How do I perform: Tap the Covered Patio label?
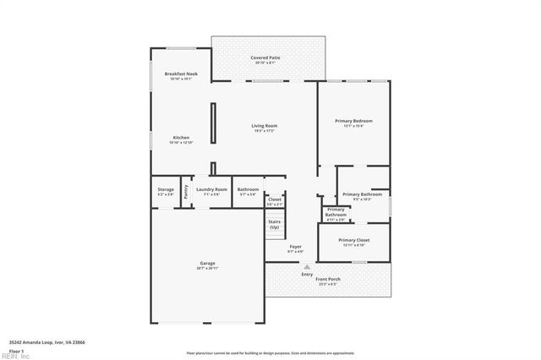click(x=265, y=57)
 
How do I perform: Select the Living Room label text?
click(x=265, y=126)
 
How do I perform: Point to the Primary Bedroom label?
click(x=353, y=121)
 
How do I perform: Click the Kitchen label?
click(x=181, y=138)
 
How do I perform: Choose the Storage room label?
click(x=166, y=189)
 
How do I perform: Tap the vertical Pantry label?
click(x=186, y=191)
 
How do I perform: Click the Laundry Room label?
click(x=211, y=189)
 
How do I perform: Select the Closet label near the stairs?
click(x=275, y=199)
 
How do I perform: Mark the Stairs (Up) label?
click(x=274, y=225)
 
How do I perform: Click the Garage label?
click(x=207, y=263)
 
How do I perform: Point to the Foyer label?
click(x=296, y=247)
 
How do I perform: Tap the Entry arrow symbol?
click(x=307, y=266)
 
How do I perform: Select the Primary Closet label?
click(x=353, y=240)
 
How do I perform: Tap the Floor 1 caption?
click(x=17, y=350)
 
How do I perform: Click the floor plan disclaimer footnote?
click(x=270, y=352)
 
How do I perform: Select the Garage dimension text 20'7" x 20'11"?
click(x=207, y=268)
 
